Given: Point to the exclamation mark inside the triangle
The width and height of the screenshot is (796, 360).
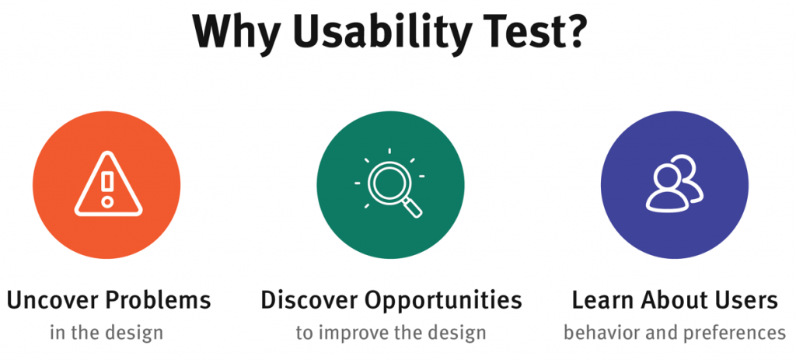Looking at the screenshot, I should (107, 187).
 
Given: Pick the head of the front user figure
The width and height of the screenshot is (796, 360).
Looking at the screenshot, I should (665, 177).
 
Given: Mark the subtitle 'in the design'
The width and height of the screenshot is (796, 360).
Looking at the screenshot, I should (107, 333).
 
